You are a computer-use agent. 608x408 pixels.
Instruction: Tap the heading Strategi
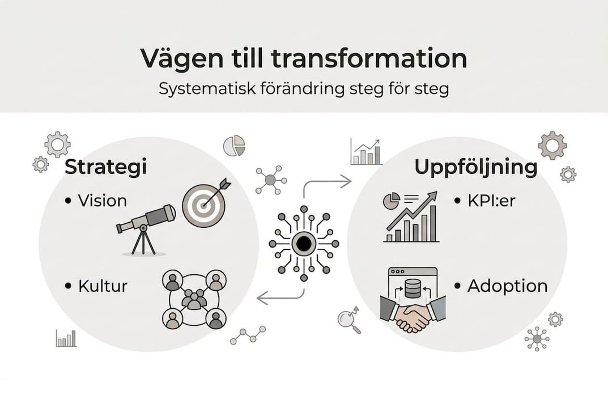(x=105, y=167)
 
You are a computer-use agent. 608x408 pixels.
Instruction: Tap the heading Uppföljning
(x=476, y=167)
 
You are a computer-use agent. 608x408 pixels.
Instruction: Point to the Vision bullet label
(x=103, y=201)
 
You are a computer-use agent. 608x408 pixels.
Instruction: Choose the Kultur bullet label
(x=103, y=286)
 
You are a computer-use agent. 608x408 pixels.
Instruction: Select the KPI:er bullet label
(x=491, y=201)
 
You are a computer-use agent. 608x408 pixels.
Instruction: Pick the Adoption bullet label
(x=507, y=286)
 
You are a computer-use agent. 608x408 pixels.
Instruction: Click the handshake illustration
(x=413, y=316)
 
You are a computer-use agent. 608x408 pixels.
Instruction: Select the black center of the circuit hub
(x=304, y=244)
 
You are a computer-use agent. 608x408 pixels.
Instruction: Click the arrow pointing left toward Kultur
(x=280, y=297)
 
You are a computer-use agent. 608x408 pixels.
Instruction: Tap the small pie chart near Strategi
(x=234, y=146)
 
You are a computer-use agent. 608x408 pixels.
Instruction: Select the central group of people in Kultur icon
(x=194, y=299)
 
